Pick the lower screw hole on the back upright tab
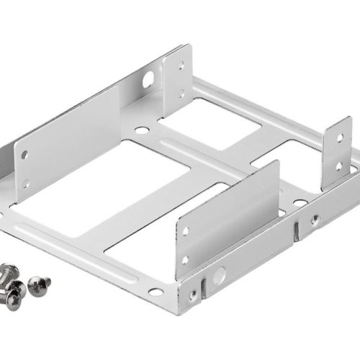point(181,93)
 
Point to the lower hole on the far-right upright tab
point(340,166)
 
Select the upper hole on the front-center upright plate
point(186,231)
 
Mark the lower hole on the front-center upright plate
point(186,258)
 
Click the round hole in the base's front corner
point(156,292)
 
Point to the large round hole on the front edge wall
point(219,274)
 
